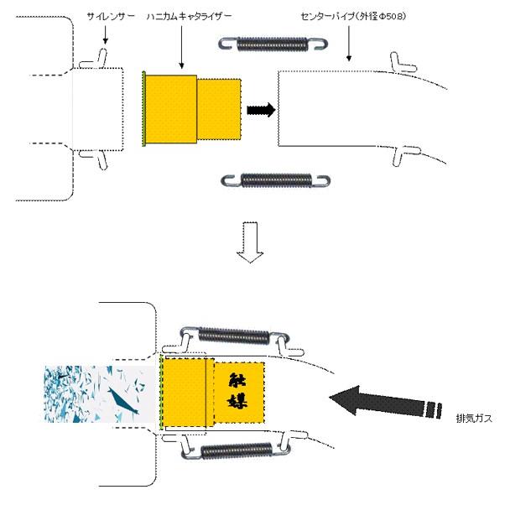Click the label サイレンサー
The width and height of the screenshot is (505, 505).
111,17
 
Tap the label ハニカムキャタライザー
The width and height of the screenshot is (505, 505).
189,17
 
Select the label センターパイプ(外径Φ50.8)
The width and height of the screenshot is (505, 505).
353,17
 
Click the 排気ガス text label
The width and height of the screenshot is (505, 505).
474,419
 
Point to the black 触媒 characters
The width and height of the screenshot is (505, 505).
237,391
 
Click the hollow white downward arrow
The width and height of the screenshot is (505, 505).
250,242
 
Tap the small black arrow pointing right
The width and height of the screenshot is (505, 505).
261,110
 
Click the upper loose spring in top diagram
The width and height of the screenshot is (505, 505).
273,44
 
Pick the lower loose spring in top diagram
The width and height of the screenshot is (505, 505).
276,180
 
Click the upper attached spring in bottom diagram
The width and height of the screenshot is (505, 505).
235,336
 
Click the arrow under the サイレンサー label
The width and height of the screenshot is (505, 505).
105,34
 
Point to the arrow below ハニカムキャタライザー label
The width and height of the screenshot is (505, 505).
182,47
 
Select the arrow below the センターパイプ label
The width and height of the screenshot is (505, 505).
348,44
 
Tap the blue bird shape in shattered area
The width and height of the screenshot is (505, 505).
123,401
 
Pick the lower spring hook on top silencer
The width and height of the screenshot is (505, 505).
94,159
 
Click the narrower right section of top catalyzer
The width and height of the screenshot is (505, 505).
219,109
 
